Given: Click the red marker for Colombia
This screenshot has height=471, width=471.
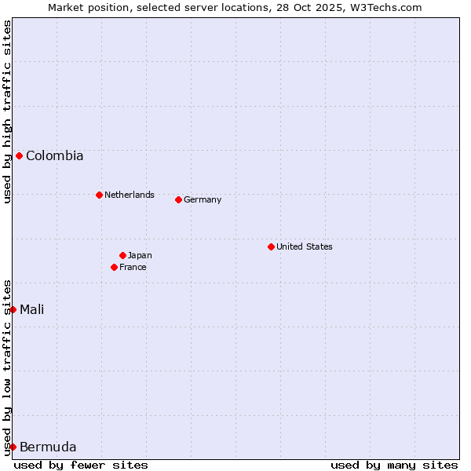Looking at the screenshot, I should click(x=19, y=155).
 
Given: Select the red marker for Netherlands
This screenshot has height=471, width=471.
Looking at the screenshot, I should click(x=99, y=195).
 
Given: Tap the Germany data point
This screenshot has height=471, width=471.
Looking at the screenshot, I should click(x=178, y=199).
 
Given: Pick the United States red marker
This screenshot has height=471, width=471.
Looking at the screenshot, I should click(x=271, y=246).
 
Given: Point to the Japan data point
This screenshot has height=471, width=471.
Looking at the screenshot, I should click(x=122, y=255).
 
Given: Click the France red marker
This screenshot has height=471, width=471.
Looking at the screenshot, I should click(x=114, y=267).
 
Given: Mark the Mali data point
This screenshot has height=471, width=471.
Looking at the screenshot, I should click(x=13, y=309).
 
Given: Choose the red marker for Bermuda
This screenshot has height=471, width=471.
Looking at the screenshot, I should click(x=13, y=447).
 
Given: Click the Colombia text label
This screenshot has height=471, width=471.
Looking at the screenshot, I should click(x=54, y=155).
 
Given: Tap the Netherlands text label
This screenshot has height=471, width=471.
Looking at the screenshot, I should click(x=129, y=195).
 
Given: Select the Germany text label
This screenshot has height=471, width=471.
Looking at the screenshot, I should click(x=203, y=199).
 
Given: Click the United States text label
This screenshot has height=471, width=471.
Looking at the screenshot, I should click(x=304, y=246).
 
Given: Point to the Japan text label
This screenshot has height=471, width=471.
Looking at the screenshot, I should click(x=140, y=255).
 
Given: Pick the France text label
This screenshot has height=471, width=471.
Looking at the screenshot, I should click(x=133, y=267).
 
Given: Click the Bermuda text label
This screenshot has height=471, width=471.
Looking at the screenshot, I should click(x=48, y=447).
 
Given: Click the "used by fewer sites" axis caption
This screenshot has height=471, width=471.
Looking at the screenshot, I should click(x=81, y=465).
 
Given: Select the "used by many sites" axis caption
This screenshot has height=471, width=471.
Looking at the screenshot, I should click(x=394, y=465).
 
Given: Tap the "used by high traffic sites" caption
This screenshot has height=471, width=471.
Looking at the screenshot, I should click(x=7, y=111).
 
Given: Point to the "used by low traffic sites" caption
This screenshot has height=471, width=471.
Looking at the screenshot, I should click(x=7, y=367).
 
